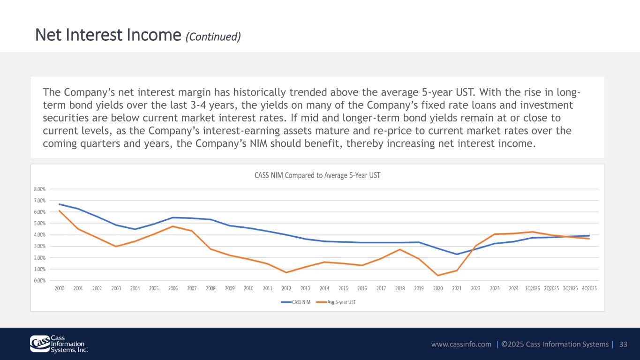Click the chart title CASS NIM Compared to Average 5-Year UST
(317, 175)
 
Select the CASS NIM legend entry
(296, 302)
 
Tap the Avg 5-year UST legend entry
(336, 302)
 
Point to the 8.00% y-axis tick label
(40, 189)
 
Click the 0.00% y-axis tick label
(40, 281)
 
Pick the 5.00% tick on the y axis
(40, 224)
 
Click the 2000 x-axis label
(60, 288)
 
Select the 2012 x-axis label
(286, 288)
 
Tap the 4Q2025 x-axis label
(589, 288)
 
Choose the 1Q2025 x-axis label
(533, 288)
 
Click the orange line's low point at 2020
(438, 276)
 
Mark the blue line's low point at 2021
(457, 254)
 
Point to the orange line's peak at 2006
(173, 226)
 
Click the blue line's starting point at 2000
(59, 204)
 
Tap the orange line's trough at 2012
(286, 272)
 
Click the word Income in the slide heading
(154, 35)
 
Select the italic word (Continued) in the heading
(213, 37)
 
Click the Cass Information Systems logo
(59, 344)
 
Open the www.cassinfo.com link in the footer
(461, 344)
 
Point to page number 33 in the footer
(623, 344)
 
